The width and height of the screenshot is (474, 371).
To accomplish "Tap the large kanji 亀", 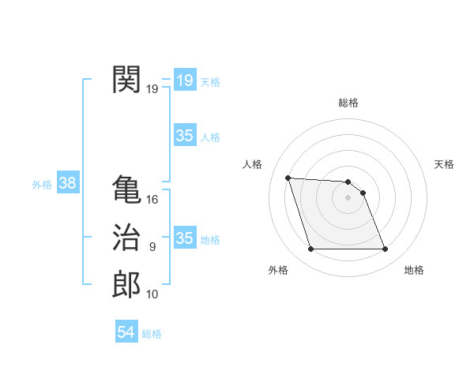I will (x=126, y=189).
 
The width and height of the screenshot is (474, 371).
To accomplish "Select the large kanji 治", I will (x=126, y=238).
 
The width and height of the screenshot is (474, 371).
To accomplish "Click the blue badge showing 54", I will (x=126, y=332).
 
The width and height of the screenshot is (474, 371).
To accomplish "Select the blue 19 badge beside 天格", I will (x=185, y=80).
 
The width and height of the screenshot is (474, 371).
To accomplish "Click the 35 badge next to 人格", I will (x=185, y=136).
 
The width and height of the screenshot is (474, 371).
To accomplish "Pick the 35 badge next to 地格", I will (x=185, y=238).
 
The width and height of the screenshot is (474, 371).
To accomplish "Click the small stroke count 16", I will (x=152, y=200).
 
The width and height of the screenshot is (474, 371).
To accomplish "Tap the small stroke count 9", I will (x=152, y=247).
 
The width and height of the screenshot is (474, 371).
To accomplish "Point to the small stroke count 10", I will (x=152, y=294).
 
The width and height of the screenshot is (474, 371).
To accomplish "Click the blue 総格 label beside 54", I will (x=152, y=334).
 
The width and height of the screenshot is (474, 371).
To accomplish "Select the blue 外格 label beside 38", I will (x=42, y=185).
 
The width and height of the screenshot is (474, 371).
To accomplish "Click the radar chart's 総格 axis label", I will (x=348, y=103).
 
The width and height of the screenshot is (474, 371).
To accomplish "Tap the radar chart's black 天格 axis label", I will (x=445, y=164).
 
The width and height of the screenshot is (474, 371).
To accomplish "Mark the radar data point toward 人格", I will (x=288, y=178).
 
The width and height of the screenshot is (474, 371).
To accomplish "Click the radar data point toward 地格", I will (x=386, y=249).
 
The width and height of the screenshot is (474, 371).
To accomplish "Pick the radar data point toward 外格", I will (x=310, y=249).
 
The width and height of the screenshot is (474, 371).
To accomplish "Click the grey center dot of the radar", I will (x=348, y=198).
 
